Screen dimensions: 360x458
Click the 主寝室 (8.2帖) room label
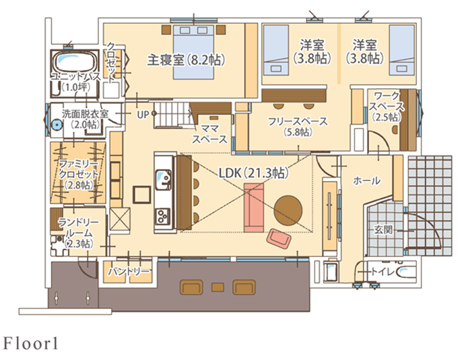click(x=185, y=59)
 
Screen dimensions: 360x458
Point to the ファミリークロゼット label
click(x=78, y=174)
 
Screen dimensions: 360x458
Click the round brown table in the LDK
click(x=288, y=207)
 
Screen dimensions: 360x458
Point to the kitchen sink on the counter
click(x=163, y=179)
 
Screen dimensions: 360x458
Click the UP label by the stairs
click(x=143, y=114)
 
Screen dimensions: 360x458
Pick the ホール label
click(x=366, y=181)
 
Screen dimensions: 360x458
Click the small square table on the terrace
click(x=217, y=287)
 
